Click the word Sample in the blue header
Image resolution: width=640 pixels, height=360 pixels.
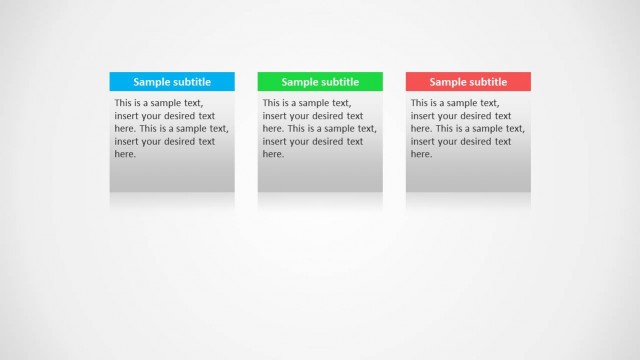pos(152,82)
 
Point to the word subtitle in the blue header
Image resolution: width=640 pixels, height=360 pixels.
pos(192,82)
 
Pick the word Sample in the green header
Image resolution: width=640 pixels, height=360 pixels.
pos(300,82)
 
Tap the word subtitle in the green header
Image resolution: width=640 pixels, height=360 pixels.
pos(340,82)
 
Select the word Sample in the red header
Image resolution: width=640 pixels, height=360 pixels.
pos(448,82)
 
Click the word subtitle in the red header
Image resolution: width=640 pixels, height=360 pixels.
pos(488,82)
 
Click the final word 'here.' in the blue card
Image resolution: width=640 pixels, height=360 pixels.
pos(125,155)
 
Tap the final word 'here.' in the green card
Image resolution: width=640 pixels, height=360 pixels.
pos(273,155)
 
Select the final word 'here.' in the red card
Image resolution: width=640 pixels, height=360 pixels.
pos(421,155)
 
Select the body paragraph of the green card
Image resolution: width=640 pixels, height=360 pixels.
pos(319,128)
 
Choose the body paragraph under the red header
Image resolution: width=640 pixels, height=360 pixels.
pos(467,128)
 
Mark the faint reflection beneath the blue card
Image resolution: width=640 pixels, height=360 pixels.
pos(172,200)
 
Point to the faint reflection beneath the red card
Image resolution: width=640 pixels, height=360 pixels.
pos(468,200)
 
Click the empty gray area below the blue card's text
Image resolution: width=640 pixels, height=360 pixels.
pos(172,176)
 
